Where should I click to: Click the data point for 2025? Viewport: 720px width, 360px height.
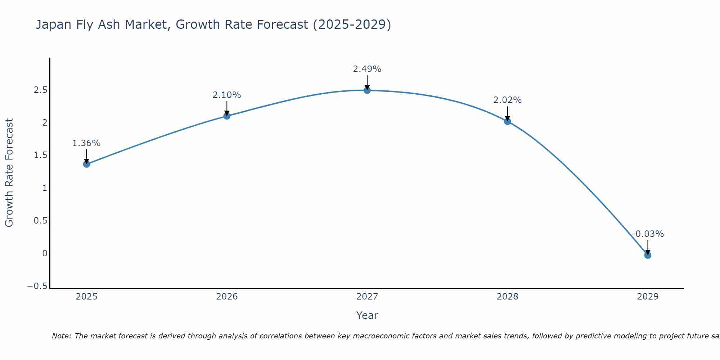[86, 164]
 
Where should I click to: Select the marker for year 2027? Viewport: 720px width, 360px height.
[367, 90]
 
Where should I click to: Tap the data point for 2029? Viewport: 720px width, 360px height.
[648, 255]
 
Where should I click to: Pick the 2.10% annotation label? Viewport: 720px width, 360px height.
[226, 95]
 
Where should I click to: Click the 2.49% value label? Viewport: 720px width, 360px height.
[367, 69]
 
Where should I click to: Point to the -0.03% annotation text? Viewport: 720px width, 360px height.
[648, 234]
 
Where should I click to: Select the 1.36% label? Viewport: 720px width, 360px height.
[86, 143]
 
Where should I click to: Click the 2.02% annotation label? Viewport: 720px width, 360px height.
[507, 100]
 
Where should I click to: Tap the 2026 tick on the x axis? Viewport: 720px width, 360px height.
[227, 297]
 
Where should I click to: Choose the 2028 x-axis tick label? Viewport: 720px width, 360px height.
[507, 297]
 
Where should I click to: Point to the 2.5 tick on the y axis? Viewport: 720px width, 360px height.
[40, 90]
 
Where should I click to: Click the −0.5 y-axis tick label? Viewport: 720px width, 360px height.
[37, 286]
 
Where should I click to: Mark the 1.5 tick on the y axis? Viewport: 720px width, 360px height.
[40, 155]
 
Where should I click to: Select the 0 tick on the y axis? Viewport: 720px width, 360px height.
[45, 253]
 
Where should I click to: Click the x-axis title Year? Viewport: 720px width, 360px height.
[367, 315]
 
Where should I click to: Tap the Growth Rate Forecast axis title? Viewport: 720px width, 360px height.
[9, 173]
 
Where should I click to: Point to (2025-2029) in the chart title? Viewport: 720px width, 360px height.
[352, 24]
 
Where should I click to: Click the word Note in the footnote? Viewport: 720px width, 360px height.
[62, 336]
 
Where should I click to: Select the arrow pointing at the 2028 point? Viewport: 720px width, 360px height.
[507, 114]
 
